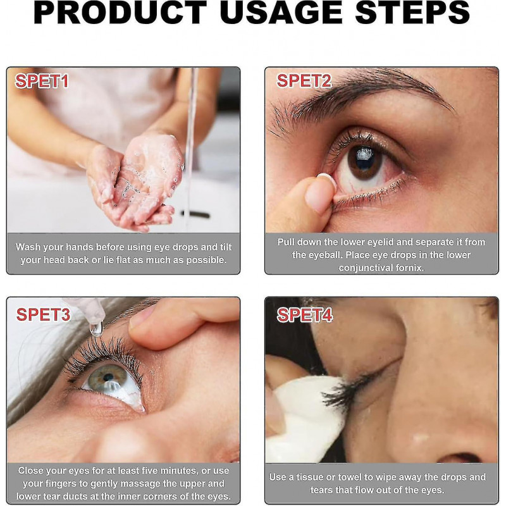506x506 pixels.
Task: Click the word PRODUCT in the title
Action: coord(120,12)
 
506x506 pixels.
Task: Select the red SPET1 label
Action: coord(42,81)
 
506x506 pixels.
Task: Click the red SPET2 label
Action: coord(304,81)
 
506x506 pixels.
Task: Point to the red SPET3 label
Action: coord(43,314)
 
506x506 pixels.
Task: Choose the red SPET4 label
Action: coord(305,314)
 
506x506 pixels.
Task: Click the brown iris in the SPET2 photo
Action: coord(365,161)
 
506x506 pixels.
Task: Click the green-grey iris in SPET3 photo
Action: coord(108,378)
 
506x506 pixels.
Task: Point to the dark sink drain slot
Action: coord(196,214)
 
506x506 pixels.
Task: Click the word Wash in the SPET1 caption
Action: coord(28,247)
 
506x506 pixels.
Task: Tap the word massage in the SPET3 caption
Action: coord(152,483)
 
